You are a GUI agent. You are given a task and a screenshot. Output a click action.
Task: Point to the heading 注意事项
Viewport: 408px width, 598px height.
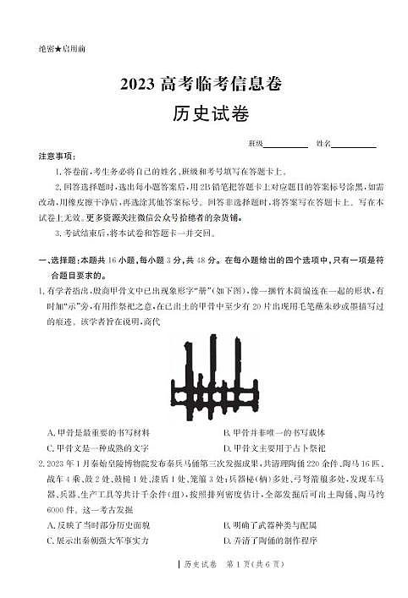click(57, 156)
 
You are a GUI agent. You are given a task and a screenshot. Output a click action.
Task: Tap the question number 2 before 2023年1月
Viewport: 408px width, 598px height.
click(41, 464)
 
